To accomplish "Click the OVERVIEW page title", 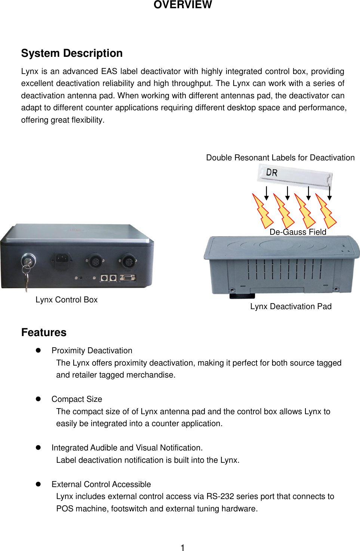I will (182, 5).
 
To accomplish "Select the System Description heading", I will (72, 53).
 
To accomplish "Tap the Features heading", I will (44, 332).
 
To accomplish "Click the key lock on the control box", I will (28, 259).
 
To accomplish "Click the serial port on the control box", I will (127, 278).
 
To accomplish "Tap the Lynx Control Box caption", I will (67, 300).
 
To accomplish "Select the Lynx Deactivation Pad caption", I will (291, 307).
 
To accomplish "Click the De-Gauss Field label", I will (298, 232).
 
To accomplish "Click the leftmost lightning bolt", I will (262, 211).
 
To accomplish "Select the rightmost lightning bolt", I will (326, 211).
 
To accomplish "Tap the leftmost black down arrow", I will (267, 193).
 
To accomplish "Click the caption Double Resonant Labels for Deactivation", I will (280, 158).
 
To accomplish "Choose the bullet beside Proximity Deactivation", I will (38, 350).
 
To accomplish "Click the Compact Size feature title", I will (77, 399).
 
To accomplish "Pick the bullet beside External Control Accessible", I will (38, 484).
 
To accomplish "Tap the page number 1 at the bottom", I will (182, 548).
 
